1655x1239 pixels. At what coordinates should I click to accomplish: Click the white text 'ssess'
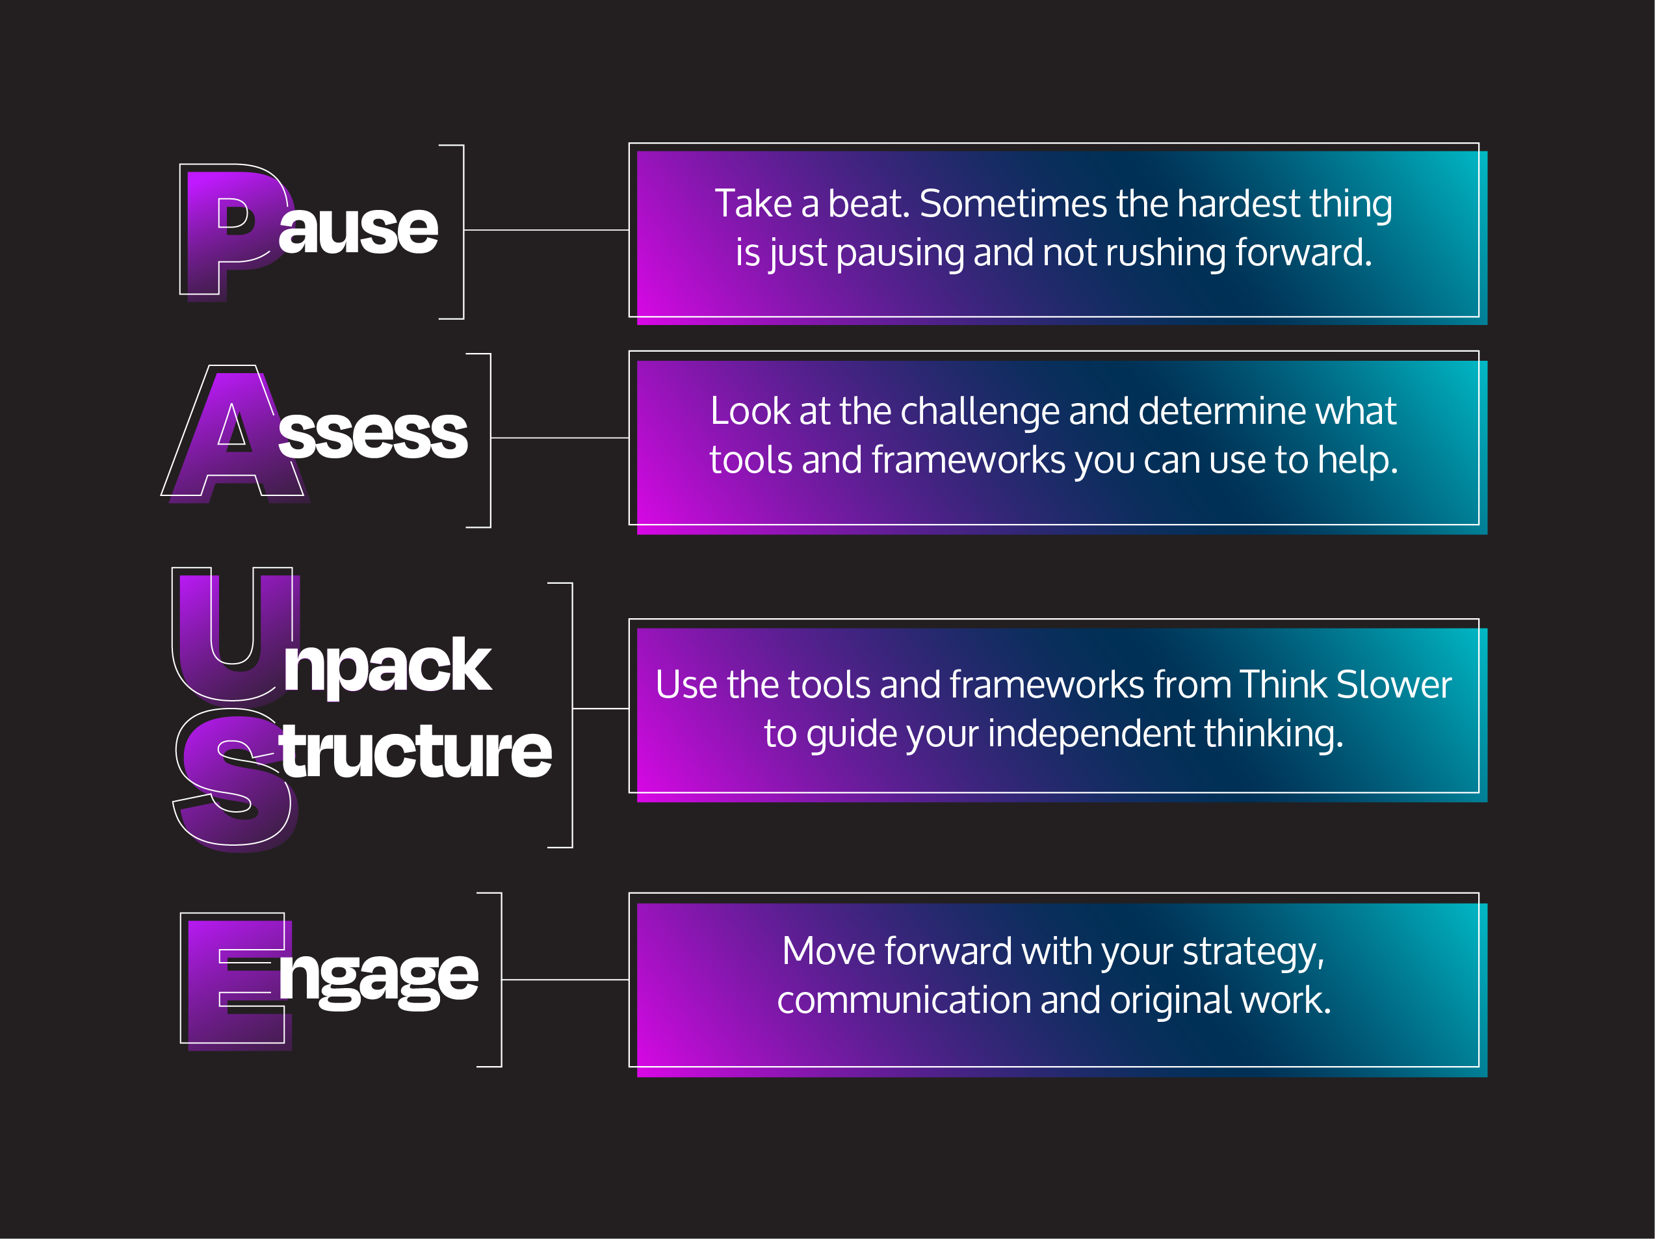coord(372,435)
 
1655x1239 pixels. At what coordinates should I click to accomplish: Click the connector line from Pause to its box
coord(546,229)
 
